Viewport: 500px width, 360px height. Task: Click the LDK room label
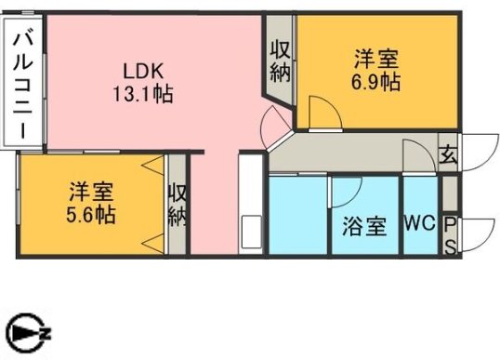[144, 70]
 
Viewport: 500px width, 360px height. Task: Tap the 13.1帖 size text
[144, 93]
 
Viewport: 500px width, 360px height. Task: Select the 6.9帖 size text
[376, 82]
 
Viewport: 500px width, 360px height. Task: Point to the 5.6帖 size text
[91, 215]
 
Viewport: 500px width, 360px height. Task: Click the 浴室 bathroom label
[363, 226]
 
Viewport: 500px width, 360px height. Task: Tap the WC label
[420, 225]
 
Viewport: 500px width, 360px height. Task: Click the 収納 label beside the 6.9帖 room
[280, 61]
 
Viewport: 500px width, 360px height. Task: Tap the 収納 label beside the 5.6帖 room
[178, 205]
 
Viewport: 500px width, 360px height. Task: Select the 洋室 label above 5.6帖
[91, 193]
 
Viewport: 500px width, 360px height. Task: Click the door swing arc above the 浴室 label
[346, 191]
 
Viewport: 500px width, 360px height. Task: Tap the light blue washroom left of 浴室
[298, 214]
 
